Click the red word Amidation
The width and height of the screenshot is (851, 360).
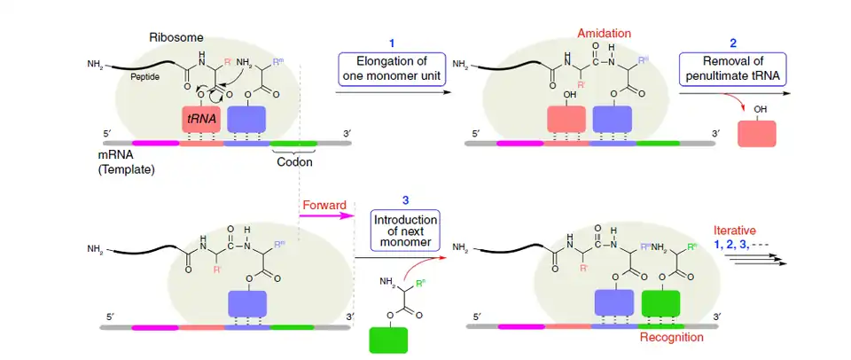pyautogui.click(x=605, y=33)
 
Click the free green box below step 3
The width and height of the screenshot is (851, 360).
pyautogui.click(x=388, y=340)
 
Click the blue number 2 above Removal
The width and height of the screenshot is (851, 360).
pyautogui.click(x=732, y=43)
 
